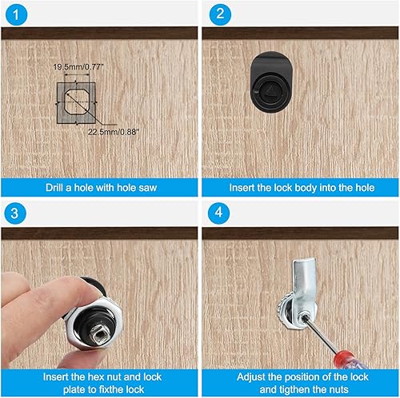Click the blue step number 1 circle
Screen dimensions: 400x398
click(16, 14)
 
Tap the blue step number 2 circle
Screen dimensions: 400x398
click(220, 14)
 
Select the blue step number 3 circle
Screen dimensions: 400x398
click(15, 213)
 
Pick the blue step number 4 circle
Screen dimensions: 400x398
click(218, 213)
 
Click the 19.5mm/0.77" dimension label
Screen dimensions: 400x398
click(78, 66)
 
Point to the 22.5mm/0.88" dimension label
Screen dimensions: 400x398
click(114, 132)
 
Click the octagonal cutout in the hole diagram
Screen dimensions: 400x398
click(77, 102)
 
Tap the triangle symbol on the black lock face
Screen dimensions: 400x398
click(271, 90)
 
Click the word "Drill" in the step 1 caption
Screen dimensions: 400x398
click(54, 188)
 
